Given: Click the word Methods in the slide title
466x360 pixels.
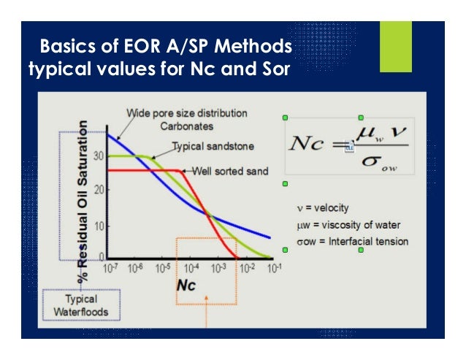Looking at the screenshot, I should [x=251, y=48].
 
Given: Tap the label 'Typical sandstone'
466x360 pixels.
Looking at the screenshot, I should [x=213, y=146].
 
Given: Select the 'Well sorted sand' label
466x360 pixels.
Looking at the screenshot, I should [x=230, y=171].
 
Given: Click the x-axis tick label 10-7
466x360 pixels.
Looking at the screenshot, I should [x=110, y=268].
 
